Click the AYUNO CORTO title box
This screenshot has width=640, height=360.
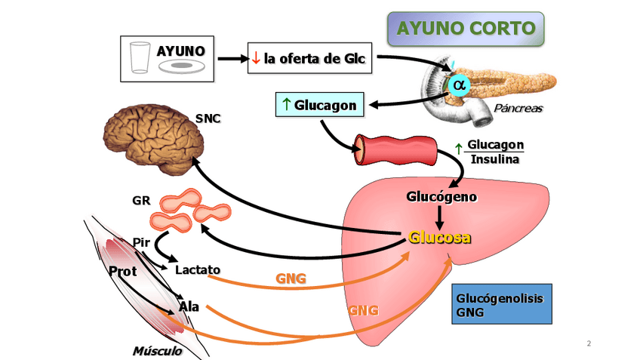pyautogui.click(x=466, y=29)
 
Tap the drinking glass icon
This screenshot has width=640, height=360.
pyautogui.click(x=139, y=57)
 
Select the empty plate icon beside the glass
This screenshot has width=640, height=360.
pyautogui.click(x=181, y=66)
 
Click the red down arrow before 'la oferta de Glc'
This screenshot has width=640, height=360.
pyautogui.click(x=256, y=58)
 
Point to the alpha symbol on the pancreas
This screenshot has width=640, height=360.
pyautogui.click(x=458, y=83)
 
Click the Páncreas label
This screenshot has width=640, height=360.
pyautogui.click(x=518, y=109)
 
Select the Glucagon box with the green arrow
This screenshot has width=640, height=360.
pyautogui.click(x=319, y=104)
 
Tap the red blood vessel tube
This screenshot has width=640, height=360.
pyautogui.click(x=395, y=149)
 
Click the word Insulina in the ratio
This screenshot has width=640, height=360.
pyautogui.click(x=495, y=158)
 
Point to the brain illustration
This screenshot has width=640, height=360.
pyautogui.click(x=154, y=137)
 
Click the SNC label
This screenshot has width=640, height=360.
pyautogui.click(x=208, y=118)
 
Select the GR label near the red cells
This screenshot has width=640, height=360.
pyautogui.click(x=141, y=201)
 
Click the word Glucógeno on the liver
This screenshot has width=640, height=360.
pyautogui.click(x=442, y=197)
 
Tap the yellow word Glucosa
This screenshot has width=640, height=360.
pyautogui.click(x=440, y=237)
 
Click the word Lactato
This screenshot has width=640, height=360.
pyautogui.click(x=197, y=269)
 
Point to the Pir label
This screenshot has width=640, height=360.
pyautogui.click(x=141, y=243)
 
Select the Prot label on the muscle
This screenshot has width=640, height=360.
pyautogui.click(x=122, y=270)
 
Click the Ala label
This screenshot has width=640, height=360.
pyautogui.click(x=189, y=306)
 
